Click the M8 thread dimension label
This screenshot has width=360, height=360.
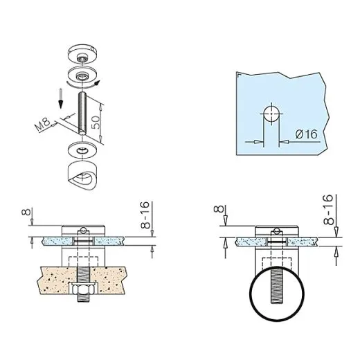tap(42, 124)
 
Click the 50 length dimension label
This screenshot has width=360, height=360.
tap(96, 123)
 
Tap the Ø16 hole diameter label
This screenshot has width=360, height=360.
tap(307, 134)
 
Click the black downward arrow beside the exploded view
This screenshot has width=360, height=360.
tap(61, 99)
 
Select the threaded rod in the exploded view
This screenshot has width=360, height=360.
tap(82, 113)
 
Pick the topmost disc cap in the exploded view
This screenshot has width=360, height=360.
tap(82, 53)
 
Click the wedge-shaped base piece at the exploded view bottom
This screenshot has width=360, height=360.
tap(82, 176)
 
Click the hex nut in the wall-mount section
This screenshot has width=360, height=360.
tap(82, 289)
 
